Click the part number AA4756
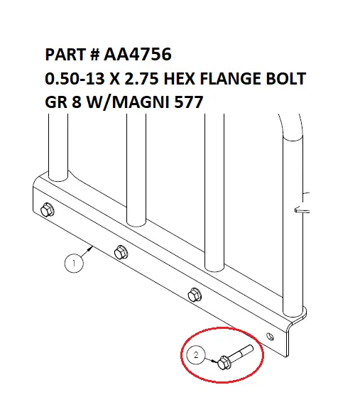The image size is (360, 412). coord(138,55)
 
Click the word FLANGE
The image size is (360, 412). coord(230,78)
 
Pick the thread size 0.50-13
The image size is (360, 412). coord(75,78)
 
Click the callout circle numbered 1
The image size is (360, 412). coord(74,263)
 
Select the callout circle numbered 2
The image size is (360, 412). coord(196,355)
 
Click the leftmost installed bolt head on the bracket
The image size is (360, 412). coord(48,210)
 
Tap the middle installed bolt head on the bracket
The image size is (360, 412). coord(121,252)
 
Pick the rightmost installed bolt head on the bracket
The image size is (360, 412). coord(195,295)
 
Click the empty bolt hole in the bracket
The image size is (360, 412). coord(271,336)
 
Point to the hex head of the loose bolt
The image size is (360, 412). coord(224,362)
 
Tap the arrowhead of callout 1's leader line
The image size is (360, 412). coord(91,248)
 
